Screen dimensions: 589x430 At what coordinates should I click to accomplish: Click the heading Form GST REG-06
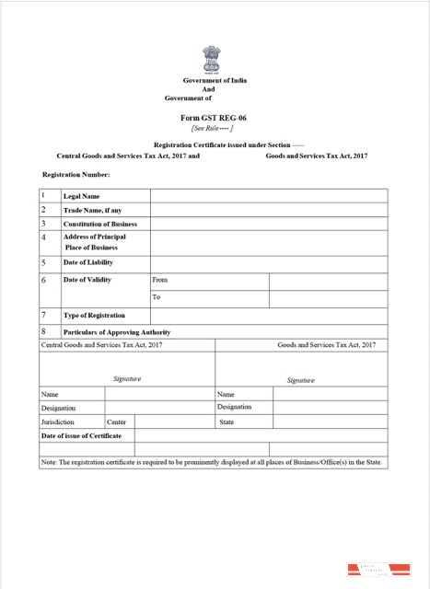pyautogui.click(x=215, y=119)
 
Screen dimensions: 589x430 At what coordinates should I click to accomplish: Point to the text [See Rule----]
pyautogui.click(x=213, y=129)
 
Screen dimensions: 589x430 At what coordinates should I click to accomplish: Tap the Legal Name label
pyautogui.click(x=81, y=196)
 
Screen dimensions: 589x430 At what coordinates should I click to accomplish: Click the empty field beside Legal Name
pyautogui.click(x=268, y=196)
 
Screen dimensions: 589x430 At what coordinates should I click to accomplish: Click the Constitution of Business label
pyautogui.click(x=99, y=224)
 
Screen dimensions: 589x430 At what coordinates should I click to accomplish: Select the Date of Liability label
pyautogui.click(x=87, y=262)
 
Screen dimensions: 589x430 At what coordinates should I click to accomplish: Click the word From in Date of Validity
pyautogui.click(x=160, y=280)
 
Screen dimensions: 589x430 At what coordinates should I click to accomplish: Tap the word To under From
pyautogui.click(x=157, y=297)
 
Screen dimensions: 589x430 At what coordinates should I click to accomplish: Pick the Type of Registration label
pyautogui.click(x=94, y=315)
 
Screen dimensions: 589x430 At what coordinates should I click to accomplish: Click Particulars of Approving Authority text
pyautogui.click(x=116, y=331)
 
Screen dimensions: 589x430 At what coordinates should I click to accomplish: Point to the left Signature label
pyautogui.click(x=127, y=379)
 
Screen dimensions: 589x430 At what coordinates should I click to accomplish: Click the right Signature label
pyautogui.click(x=301, y=380)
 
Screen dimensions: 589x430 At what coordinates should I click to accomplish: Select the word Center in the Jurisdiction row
pyautogui.click(x=116, y=422)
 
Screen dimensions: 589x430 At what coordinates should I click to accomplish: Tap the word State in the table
pyautogui.click(x=227, y=422)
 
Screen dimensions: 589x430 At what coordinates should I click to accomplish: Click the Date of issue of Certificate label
pyautogui.click(x=81, y=435)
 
